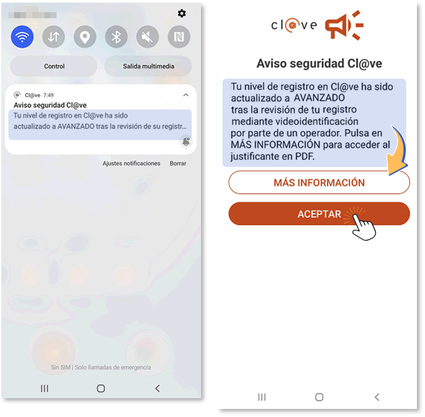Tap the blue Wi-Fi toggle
click(22, 36)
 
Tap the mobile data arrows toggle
click(54, 36)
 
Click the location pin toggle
click(85, 36)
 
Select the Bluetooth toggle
click(116, 36)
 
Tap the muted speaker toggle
click(148, 36)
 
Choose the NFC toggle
click(179, 36)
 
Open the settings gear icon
click(182, 13)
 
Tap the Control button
click(54, 66)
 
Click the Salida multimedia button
click(148, 66)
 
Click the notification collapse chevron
click(186, 95)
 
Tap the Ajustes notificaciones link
click(131, 163)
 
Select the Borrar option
click(178, 163)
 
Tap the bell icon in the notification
click(186, 141)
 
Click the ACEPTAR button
click(319, 214)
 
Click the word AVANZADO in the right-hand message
click(319, 98)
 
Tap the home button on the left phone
click(101, 388)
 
